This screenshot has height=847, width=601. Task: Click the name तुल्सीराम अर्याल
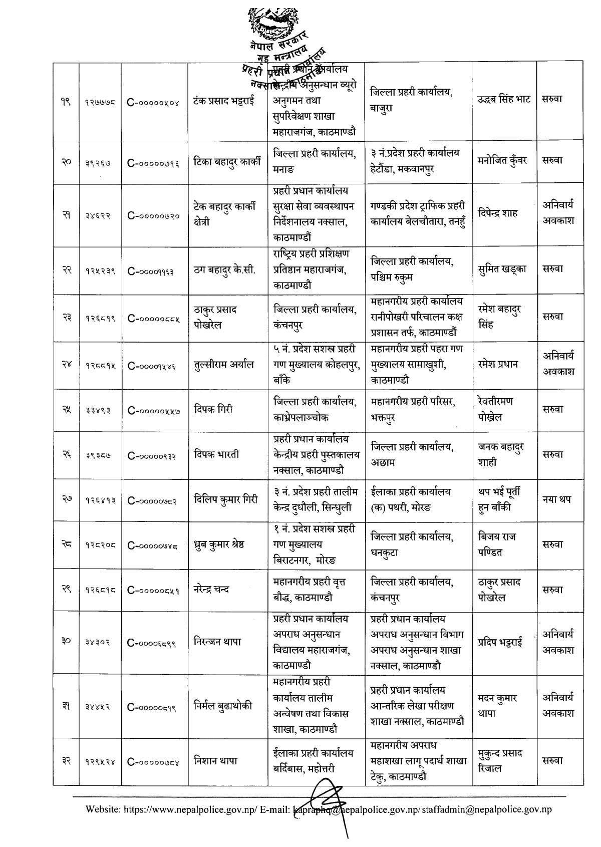(x=223, y=364)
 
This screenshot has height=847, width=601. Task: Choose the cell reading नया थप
(x=557, y=499)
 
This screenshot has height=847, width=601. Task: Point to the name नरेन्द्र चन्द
(x=218, y=590)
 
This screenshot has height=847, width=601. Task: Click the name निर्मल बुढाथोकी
(x=223, y=706)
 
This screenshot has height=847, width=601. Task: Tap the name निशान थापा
(x=215, y=761)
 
